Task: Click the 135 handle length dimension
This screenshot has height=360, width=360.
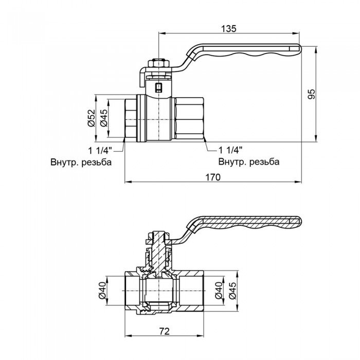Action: coord(230,29)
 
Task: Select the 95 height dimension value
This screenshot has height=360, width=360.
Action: coord(311,94)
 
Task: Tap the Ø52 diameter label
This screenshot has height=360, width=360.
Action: coord(91,118)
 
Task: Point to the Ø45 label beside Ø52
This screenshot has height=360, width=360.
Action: coord(103,118)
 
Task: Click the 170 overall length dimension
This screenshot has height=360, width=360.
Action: coord(212,177)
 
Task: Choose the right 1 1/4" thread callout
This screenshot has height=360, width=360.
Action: coord(230,150)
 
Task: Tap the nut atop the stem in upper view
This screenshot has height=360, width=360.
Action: coord(158,64)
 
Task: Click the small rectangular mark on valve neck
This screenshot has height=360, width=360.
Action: coord(158,87)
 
